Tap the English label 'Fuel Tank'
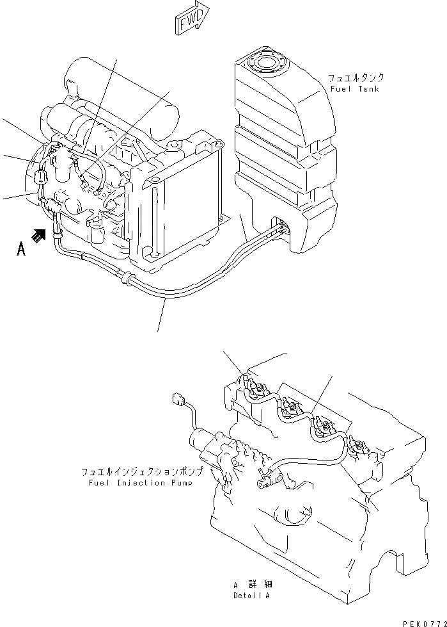click(x=355, y=89)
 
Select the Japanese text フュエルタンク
click(x=356, y=77)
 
